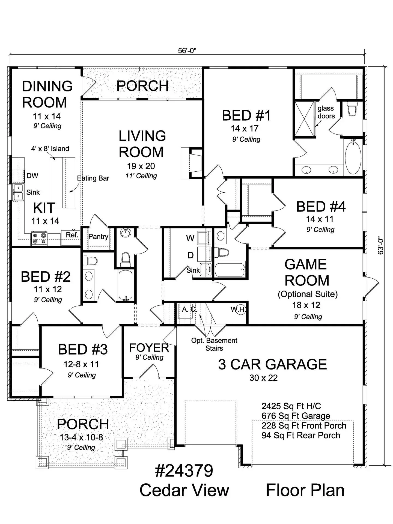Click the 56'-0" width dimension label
tap(187, 50)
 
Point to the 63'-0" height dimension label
tap(381, 245)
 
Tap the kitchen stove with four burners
tap(39, 238)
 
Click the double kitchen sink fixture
tap(18, 192)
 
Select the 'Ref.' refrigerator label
tap(72, 235)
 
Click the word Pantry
tap(98, 237)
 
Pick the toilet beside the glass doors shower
tap(352, 109)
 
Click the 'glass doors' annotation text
tap(326, 112)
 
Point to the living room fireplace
tap(192, 163)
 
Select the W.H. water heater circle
tap(240, 310)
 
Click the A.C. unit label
tap(189, 309)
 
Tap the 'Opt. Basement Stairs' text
tap(214, 344)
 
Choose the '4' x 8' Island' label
tap(50, 149)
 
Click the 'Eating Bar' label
tap(93, 178)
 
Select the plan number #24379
tap(184, 471)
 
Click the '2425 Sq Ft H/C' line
tap(291, 406)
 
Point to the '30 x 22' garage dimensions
tap(263, 378)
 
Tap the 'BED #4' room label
tap(321, 207)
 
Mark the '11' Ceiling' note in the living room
tap(141, 176)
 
